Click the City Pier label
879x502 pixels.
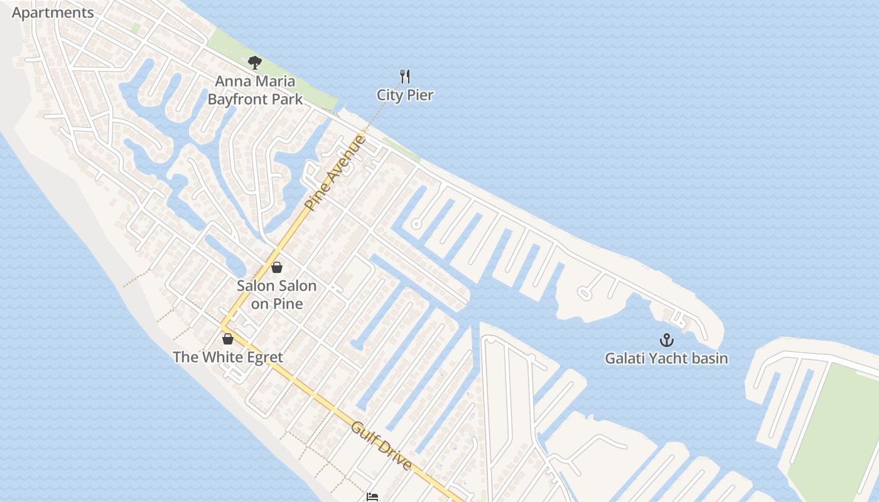405,95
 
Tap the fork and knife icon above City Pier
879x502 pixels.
405,77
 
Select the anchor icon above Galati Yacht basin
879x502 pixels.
666,340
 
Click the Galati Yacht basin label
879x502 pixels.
666,359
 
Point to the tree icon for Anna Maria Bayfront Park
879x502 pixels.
254,62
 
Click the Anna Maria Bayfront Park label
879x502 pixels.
255,90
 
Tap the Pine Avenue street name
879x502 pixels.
335,172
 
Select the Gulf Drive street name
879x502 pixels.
382,446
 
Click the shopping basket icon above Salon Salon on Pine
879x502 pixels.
276,267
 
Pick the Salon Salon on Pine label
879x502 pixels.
276,295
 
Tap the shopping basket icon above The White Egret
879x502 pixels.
228,339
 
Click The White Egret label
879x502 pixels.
227,358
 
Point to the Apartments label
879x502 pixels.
53,13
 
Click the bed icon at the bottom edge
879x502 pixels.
372,497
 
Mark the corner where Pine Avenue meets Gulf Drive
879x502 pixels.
222,326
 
